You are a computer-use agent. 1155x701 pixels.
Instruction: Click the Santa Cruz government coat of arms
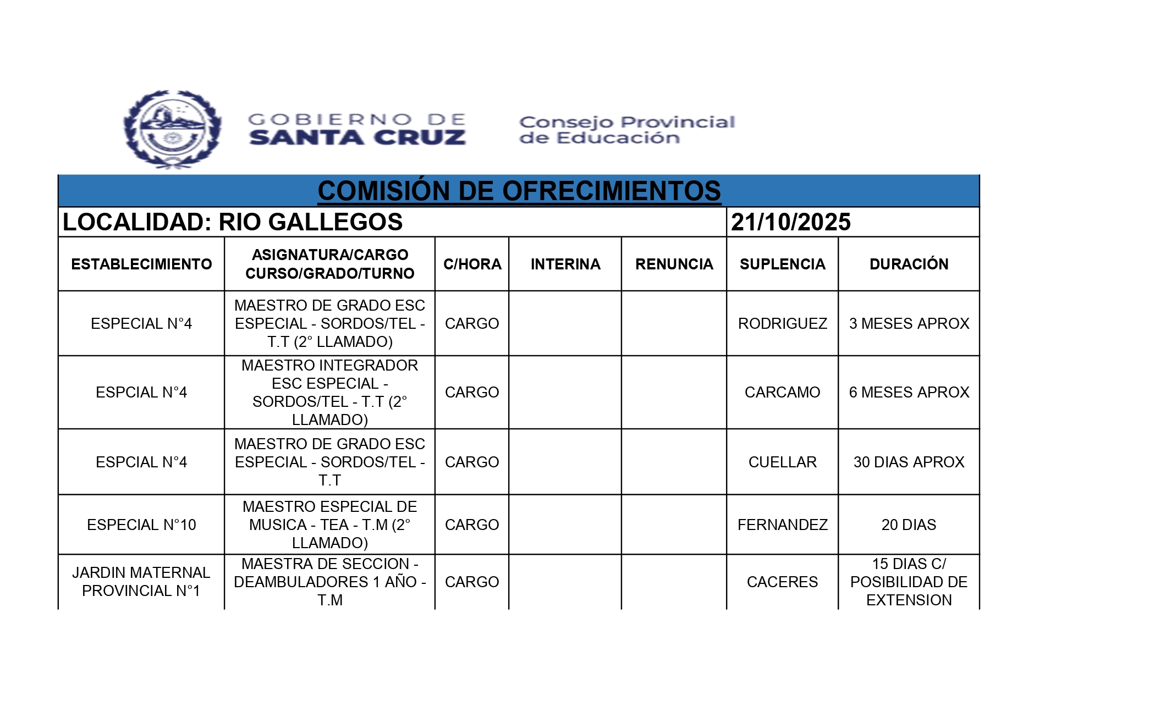click(172, 129)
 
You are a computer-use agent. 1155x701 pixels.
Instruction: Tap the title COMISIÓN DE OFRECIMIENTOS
click(519, 191)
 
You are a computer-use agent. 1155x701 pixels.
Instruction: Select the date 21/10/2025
click(790, 222)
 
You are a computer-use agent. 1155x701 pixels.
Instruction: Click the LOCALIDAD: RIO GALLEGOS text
click(233, 222)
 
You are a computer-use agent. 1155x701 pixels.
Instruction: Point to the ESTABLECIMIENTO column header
click(141, 264)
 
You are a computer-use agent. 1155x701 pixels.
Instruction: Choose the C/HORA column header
click(472, 264)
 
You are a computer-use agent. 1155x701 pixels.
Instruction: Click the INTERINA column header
click(565, 264)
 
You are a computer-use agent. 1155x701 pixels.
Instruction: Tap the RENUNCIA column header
click(674, 264)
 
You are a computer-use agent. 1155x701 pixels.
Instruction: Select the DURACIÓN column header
click(909, 264)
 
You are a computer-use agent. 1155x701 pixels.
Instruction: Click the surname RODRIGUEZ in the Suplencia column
click(782, 324)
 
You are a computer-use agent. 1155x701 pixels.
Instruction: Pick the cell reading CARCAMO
click(782, 393)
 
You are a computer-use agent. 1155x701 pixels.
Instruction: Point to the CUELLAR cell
click(782, 462)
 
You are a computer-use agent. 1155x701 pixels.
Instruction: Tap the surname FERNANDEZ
click(782, 525)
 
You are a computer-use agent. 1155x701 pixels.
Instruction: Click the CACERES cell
click(782, 582)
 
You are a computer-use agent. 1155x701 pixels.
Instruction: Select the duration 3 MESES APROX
click(909, 324)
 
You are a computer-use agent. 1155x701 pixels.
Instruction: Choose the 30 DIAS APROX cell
click(909, 462)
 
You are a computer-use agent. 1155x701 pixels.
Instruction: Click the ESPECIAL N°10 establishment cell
click(141, 525)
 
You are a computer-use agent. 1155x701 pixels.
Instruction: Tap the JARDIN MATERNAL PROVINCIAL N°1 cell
click(141, 582)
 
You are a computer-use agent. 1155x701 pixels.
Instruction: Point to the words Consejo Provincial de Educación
click(626, 130)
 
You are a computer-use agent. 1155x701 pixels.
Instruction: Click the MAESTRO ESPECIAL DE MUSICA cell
click(329, 525)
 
